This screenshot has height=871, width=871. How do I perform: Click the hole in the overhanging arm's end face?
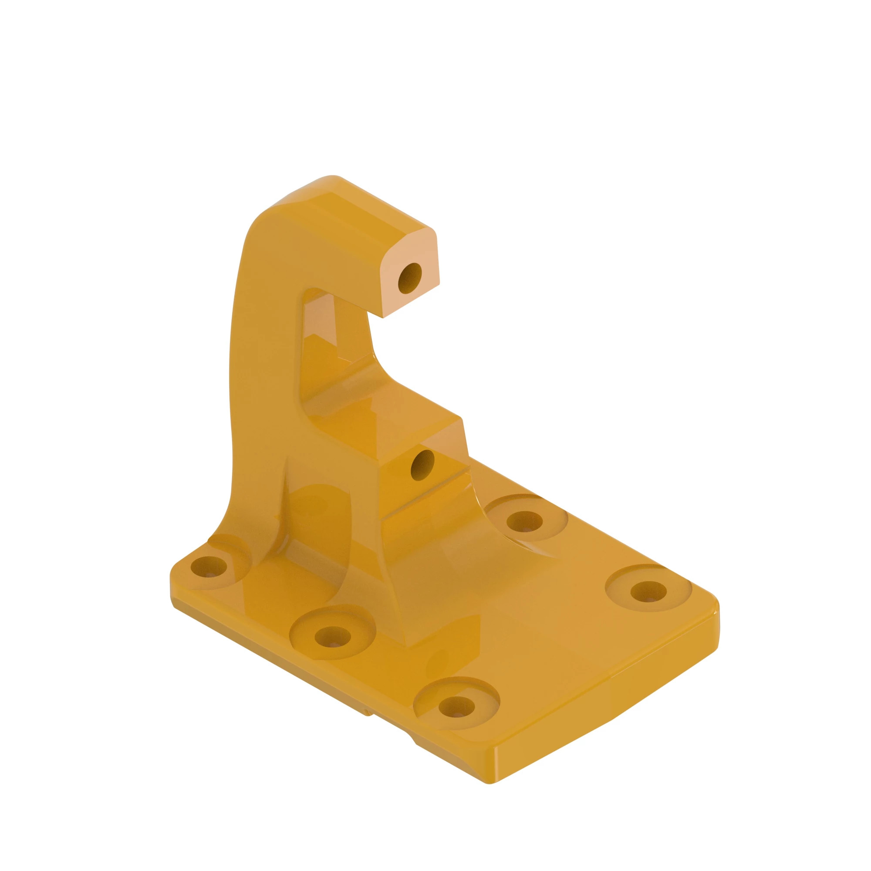(x=409, y=279)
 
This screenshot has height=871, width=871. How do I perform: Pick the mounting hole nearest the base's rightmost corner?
(x=648, y=591)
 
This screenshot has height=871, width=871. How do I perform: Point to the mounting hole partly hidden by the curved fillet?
(x=524, y=522)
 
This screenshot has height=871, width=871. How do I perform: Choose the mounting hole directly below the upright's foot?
(x=332, y=637)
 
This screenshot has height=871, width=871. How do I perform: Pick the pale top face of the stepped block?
(x=444, y=439)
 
